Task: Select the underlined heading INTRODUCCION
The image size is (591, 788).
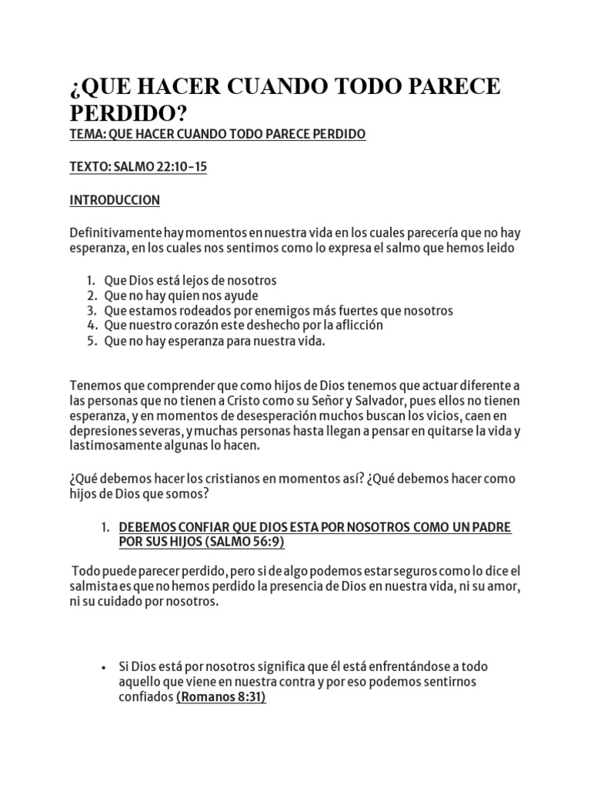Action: [115, 200]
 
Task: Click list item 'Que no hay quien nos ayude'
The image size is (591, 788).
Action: [182, 295]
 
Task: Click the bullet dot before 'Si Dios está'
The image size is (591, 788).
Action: [103, 667]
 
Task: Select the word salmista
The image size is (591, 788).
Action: [94, 588]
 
